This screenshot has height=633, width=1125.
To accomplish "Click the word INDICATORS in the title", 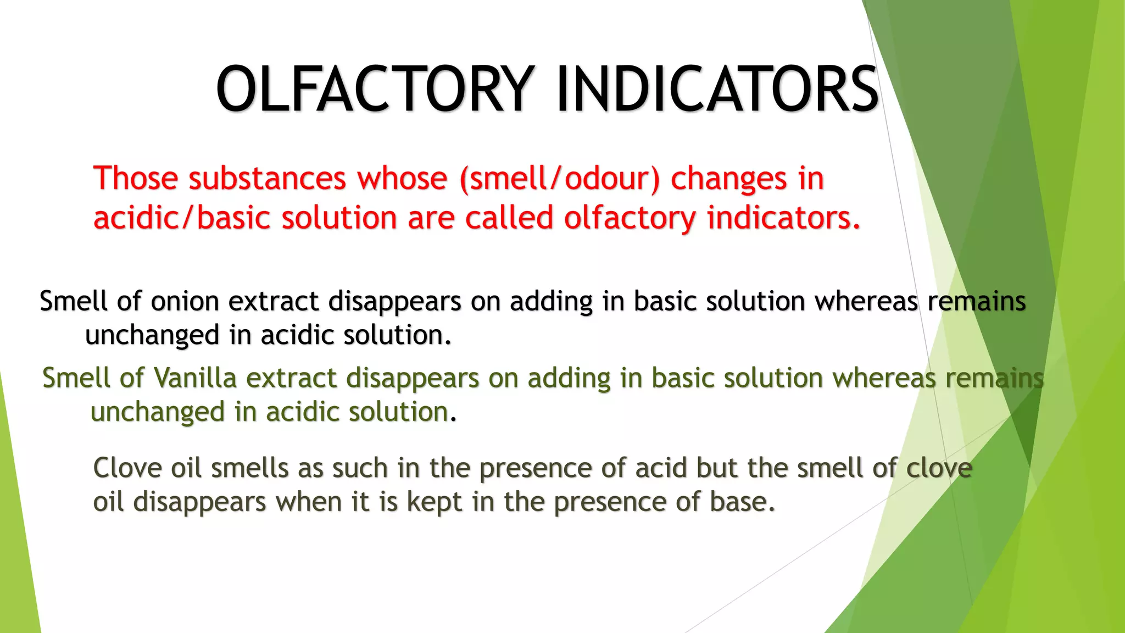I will point(717,89).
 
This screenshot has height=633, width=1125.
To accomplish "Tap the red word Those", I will point(136,179).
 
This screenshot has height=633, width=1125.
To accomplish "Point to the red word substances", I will point(268,179).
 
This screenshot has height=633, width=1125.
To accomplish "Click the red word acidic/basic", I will point(181,218).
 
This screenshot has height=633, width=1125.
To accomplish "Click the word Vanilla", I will point(194,379).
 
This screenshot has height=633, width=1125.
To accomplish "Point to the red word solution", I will point(339,218).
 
